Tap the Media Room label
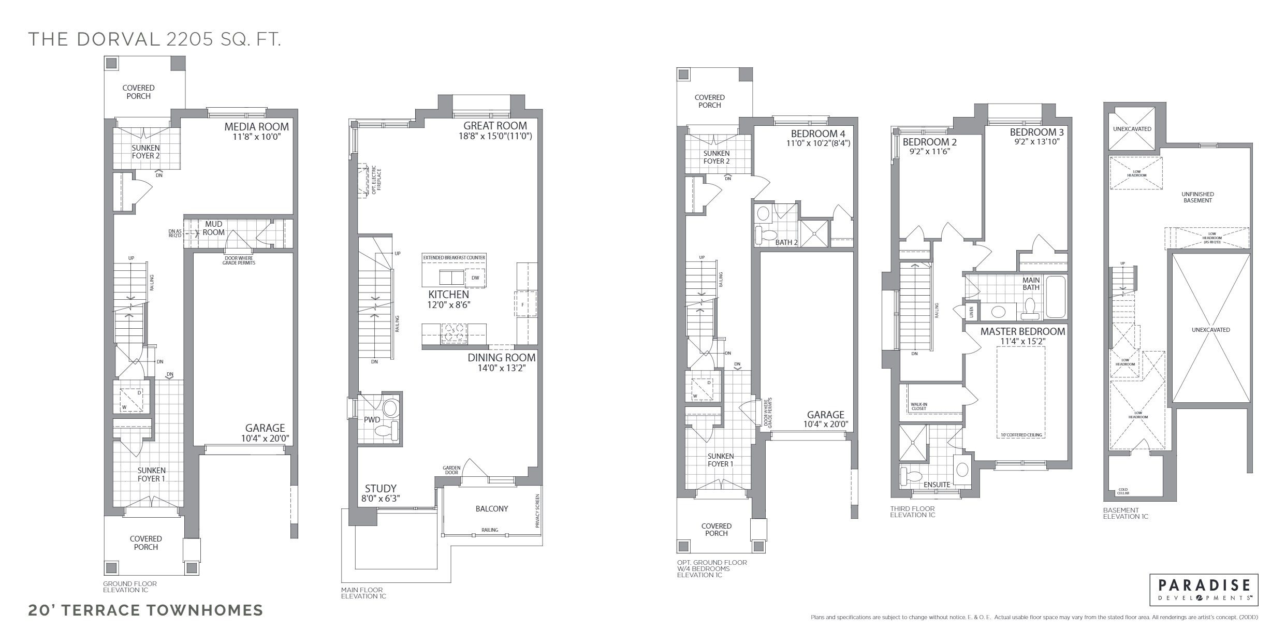tap(256, 127)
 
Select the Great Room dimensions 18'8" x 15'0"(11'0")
tap(495, 136)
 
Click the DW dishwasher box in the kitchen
tap(475, 277)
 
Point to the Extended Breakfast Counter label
tap(454, 257)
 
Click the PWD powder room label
tap(372, 420)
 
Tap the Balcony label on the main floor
tap(491, 509)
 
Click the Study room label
tap(381, 488)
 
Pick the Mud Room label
tap(213, 228)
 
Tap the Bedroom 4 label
tap(817, 134)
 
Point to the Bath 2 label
tap(786, 242)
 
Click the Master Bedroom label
tap(1022, 331)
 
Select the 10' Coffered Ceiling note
tap(1021, 435)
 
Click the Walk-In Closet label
tap(919, 406)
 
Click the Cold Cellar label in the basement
tap(1123, 491)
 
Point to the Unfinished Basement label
tap(1197, 197)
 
